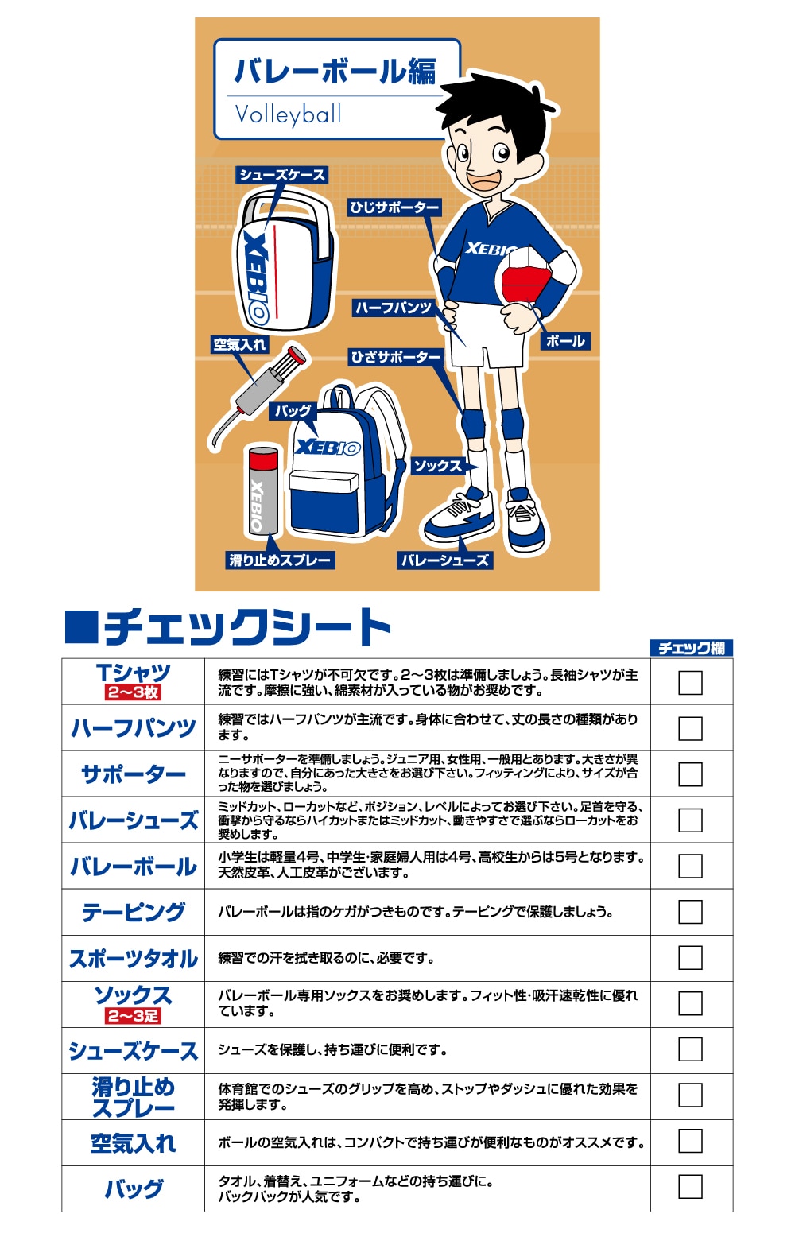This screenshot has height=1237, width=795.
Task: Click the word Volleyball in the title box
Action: (x=288, y=115)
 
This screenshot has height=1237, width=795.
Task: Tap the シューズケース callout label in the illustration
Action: (x=282, y=175)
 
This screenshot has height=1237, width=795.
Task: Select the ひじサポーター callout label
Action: (x=394, y=207)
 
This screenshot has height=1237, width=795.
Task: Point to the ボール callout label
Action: (x=565, y=341)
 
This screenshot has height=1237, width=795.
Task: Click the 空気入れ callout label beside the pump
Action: (x=239, y=344)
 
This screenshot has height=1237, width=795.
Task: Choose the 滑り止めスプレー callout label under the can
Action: (x=279, y=560)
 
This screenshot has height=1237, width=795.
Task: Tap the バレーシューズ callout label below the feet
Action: (x=444, y=560)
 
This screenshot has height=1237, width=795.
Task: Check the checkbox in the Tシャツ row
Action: (x=690, y=682)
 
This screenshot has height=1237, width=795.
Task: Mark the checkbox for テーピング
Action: (x=690, y=912)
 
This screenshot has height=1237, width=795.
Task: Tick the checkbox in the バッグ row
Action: (x=690, y=1187)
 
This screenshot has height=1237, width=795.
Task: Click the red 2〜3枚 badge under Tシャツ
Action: (x=134, y=692)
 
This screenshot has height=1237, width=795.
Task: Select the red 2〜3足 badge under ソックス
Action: (x=134, y=1016)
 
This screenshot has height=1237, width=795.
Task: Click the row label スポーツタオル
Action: (x=134, y=959)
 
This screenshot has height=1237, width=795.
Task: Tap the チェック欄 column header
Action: (x=691, y=648)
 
